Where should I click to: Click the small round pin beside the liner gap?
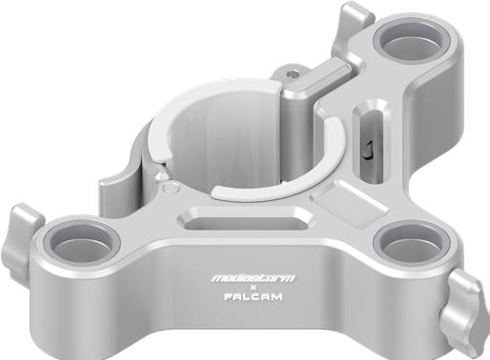(169, 187)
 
